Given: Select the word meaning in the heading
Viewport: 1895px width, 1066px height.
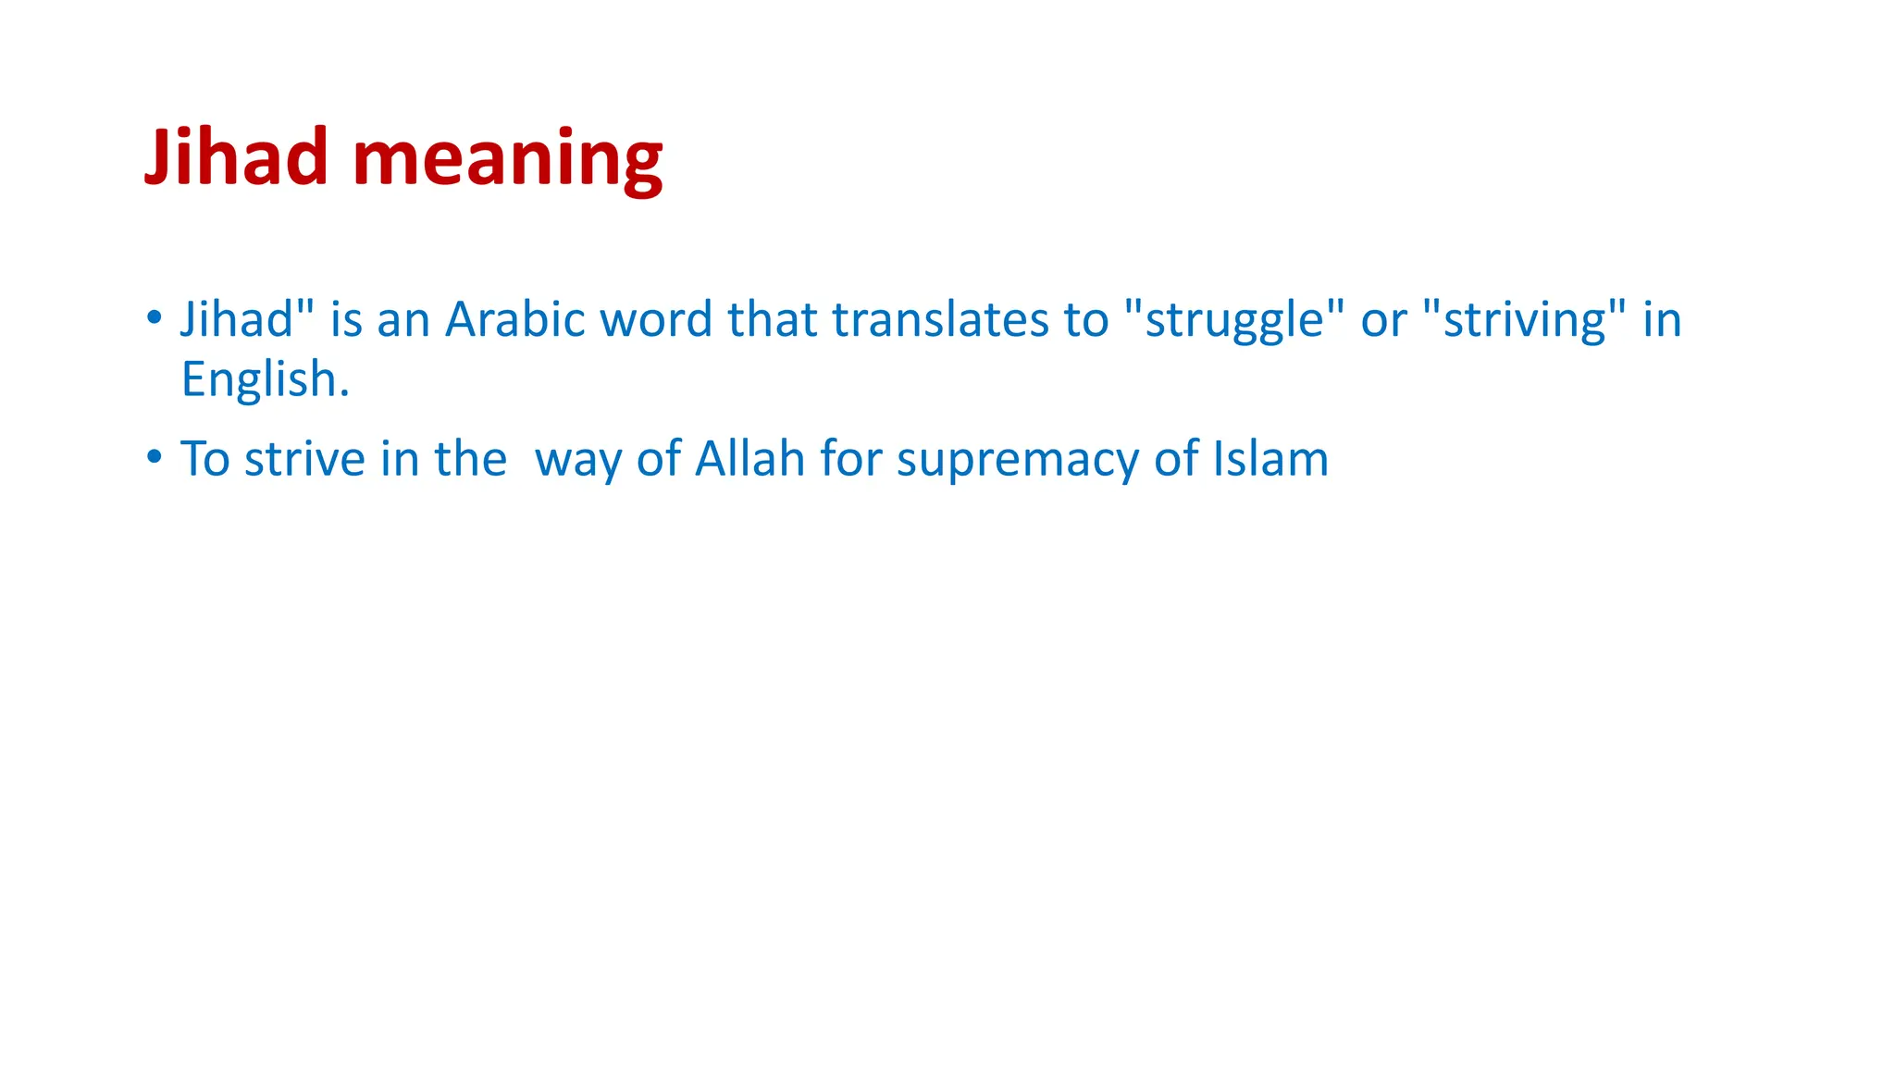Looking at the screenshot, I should pos(507,159).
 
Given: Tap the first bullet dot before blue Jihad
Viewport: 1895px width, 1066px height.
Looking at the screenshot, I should pos(155,318).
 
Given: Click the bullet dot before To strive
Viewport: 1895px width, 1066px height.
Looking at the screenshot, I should pos(155,457).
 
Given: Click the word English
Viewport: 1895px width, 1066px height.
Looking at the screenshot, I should pos(265,379).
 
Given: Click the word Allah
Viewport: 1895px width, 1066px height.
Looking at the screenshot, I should pos(749,458).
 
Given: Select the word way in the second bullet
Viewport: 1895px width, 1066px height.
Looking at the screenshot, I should pos(578,460).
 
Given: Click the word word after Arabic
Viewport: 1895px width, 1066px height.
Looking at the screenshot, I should pos(656,319).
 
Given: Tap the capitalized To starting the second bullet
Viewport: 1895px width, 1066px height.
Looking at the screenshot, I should pos(204,458).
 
